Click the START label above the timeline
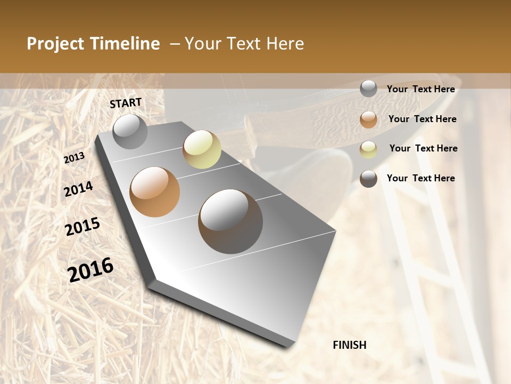click(x=126, y=103)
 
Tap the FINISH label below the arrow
click(x=350, y=345)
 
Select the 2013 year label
click(x=75, y=158)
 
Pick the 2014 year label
click(x=79, y=189)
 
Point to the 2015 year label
click(x=83, y=227)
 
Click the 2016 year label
click(x=90, y=270)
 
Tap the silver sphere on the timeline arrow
click(x=130, y=131)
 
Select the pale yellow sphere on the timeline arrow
click(x=202, y=149)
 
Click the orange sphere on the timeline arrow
click(x=155, y=192)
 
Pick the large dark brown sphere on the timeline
click(x=230, y=221)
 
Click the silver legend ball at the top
click(x=368, y=89)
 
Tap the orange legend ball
click(x=368, y=119)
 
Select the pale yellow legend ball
click(x=368, y=149)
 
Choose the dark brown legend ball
click(x=368, y=179)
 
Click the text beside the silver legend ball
click(x=421, y=89)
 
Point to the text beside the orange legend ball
click(x=423, y=119)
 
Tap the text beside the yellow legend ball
click(x=424, y=148)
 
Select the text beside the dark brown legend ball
click(x=421, y=178)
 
